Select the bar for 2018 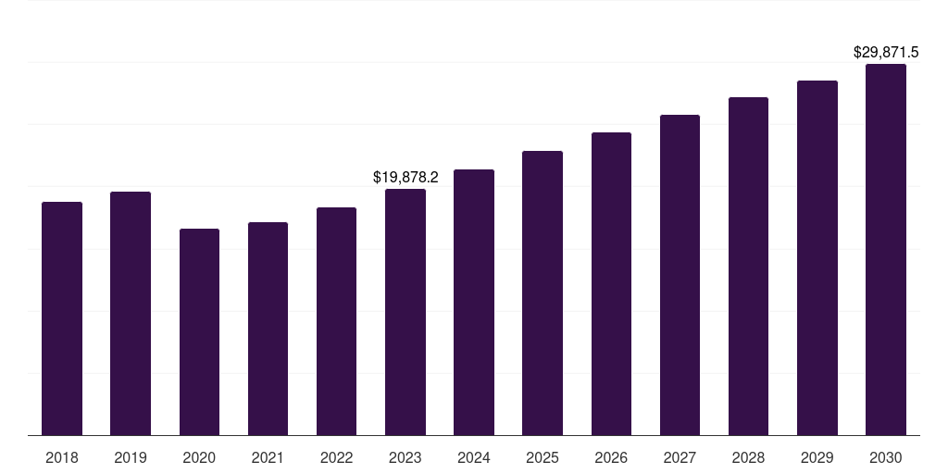click(62, 318)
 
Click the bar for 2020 click(200, 332)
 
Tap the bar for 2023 click(405, 312)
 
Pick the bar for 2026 click(611, 283)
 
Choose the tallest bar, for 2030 click(886, 250)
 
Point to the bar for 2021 click(268, 329)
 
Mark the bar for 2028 click(748, 266)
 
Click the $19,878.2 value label click(405, 177)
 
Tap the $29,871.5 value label click(886, 53)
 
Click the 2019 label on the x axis click(131, 457)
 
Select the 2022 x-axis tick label click(336, 457)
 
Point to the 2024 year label click(473, 457)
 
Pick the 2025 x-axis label click(543, 457)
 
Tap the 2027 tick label click(680, 457)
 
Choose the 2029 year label click(817, 457)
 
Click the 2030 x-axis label click(886, 457)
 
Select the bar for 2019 click(131, 314)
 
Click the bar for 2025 click(543, 293)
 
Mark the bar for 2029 click(817, 258)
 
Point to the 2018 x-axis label click(62, 457)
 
